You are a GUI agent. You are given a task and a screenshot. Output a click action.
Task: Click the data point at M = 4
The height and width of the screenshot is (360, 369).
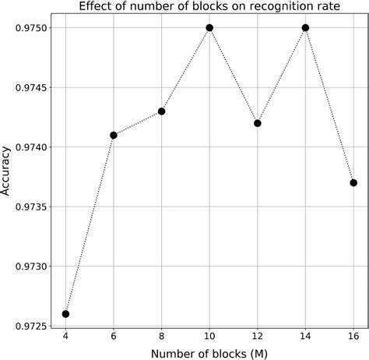click(x=65, y=314)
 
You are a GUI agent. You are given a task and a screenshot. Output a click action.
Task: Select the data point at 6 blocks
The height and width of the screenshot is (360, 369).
click(x=114, y=135)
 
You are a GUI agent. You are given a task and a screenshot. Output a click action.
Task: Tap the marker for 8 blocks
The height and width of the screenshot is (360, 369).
click(x=162, y=111)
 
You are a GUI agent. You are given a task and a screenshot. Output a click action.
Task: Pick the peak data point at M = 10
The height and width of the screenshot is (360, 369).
click(x=209, y=27)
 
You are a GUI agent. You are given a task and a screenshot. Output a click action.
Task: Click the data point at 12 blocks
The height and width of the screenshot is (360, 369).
click(x=258, y=123)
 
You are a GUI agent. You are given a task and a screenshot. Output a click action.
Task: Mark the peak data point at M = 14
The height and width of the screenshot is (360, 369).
click(x=305, y=27)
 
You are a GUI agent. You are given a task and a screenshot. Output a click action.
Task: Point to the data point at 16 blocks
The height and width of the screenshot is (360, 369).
click(x=353, y=182)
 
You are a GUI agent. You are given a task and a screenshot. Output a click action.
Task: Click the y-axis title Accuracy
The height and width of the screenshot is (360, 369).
click(x=7, y=172)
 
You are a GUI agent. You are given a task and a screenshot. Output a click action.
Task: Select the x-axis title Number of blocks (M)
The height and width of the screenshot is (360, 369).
click(x=209, y=353)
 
